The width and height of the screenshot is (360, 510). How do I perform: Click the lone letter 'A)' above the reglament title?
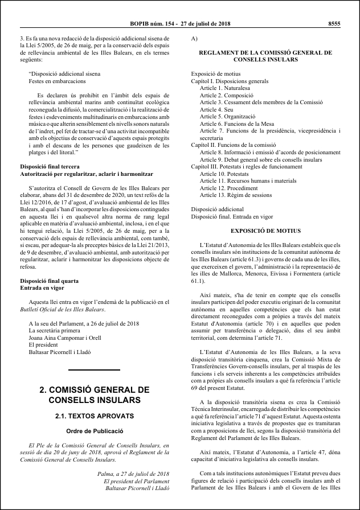[195, 38]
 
